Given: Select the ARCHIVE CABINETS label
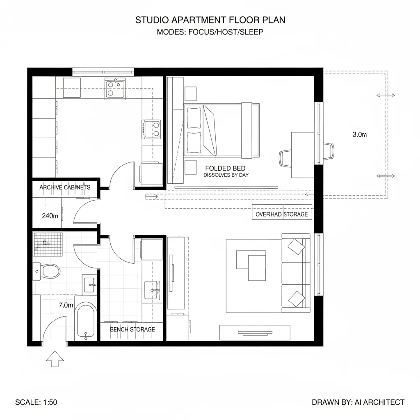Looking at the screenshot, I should (x=65, y=187).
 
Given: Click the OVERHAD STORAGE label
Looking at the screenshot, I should (x=281, y=214).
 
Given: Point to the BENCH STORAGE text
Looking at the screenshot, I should (x=132, y=329).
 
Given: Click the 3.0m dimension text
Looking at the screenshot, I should (x=359, y=134).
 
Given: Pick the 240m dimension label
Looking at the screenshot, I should (x=50, y=215).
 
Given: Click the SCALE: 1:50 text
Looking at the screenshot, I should (x=36, y=402).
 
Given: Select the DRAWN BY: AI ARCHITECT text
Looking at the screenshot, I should (x=358, y=402).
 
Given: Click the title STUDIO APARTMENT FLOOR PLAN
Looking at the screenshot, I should (x=210, y=20).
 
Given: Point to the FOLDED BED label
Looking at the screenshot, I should (x=225, y=168).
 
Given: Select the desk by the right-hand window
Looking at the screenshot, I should (x=303, y=155).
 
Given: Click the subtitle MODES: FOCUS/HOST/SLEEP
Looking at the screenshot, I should (x=210, y=32).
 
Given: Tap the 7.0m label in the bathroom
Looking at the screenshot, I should (x=66, y=305).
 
